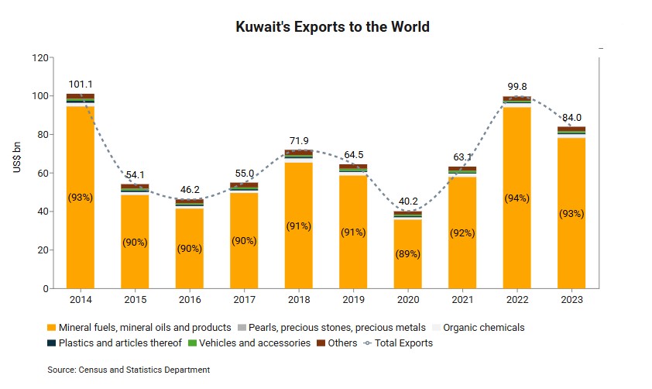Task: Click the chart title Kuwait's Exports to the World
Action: coord(332,27)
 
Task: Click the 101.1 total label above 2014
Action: coord(81,84)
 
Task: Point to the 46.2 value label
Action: coord(190,188)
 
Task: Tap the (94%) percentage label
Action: coord(516,198)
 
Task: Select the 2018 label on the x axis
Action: coord(299,299)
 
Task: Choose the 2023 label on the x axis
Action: coord(571,299)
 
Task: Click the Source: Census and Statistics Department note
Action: coord(129,370)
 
